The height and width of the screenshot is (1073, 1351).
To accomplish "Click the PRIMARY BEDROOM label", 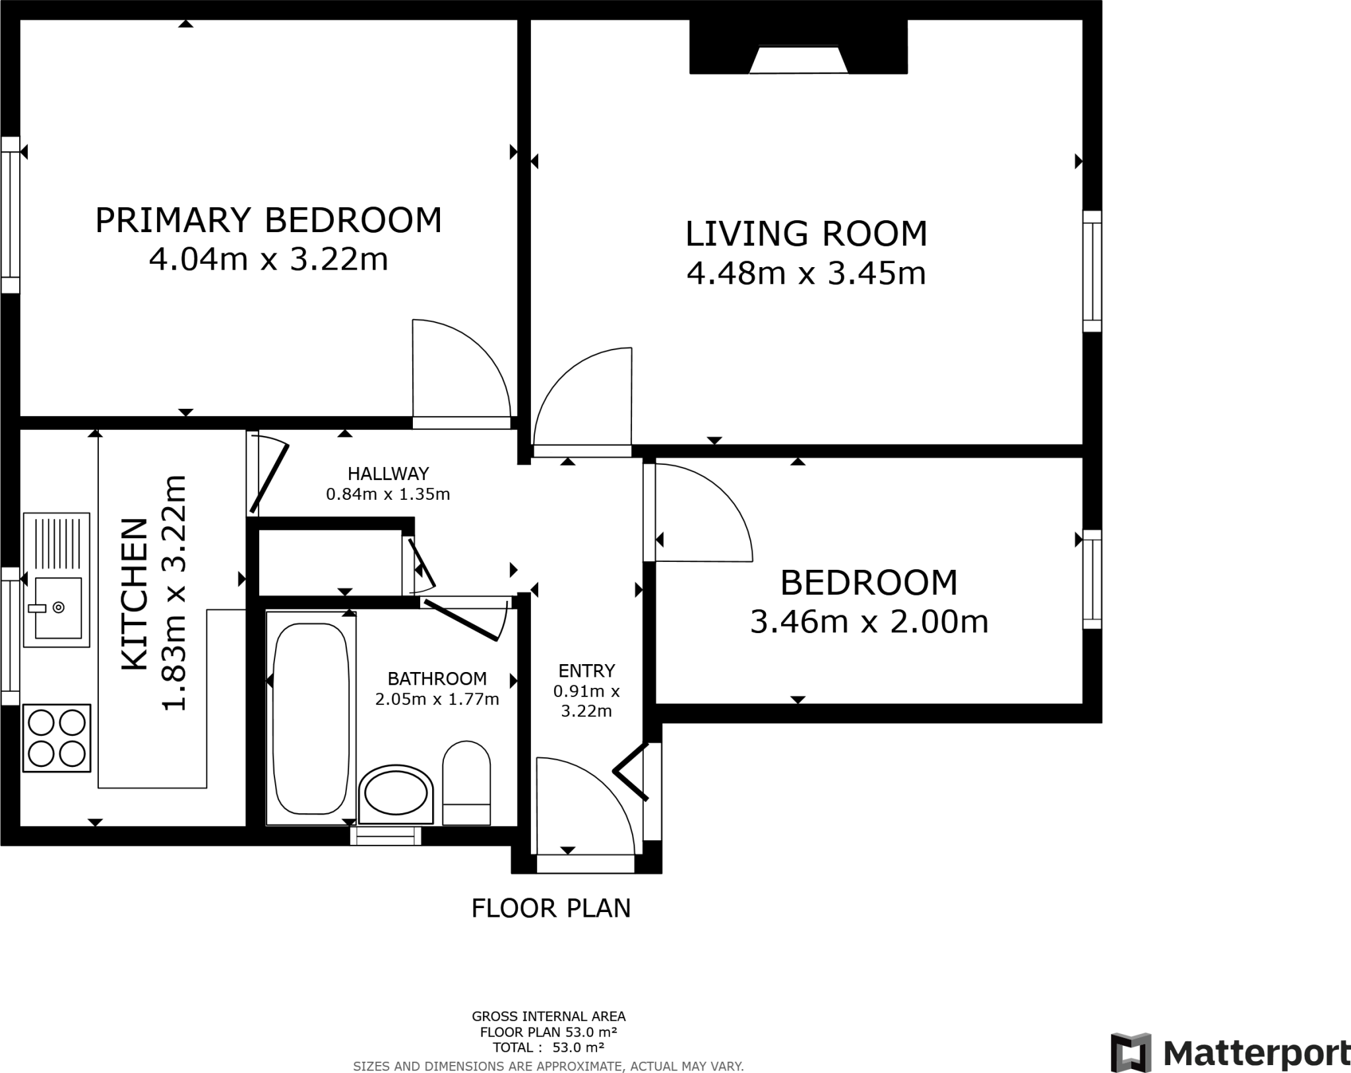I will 268,220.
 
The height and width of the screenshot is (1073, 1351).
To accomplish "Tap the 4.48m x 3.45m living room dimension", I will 806,273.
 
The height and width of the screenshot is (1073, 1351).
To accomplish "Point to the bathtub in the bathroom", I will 311,719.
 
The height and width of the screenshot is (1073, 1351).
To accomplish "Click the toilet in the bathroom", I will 466,782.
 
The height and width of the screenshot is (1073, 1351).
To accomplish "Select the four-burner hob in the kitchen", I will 57,738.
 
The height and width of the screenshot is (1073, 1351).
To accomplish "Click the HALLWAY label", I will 388,474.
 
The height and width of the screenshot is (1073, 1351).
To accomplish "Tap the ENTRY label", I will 586,671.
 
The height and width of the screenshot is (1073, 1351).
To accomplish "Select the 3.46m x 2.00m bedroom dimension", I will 869,622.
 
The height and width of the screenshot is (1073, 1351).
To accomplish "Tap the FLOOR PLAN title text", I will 551,908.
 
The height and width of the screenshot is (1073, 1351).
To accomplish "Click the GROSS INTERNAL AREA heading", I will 548,1016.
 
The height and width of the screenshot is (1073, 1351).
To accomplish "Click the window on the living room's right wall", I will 1092,271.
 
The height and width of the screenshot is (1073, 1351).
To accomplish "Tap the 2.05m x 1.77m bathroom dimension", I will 437,699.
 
